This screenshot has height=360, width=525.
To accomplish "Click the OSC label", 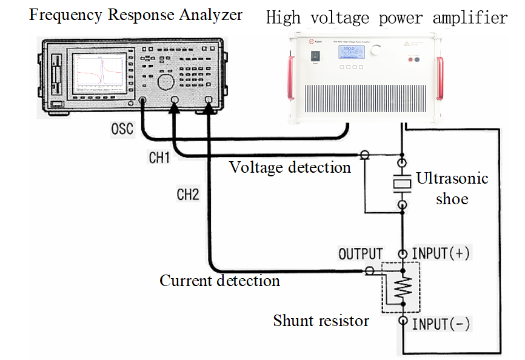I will (123, 130).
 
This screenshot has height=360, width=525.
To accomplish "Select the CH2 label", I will (187, 196).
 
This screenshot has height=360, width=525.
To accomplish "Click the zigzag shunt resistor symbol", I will (400, 288).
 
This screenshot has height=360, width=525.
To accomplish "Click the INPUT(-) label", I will (441, 324).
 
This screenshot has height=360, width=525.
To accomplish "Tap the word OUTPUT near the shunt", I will (361, 254).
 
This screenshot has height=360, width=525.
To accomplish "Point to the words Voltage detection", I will (290, 167).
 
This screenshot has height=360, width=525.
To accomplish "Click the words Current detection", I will (219, 281).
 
